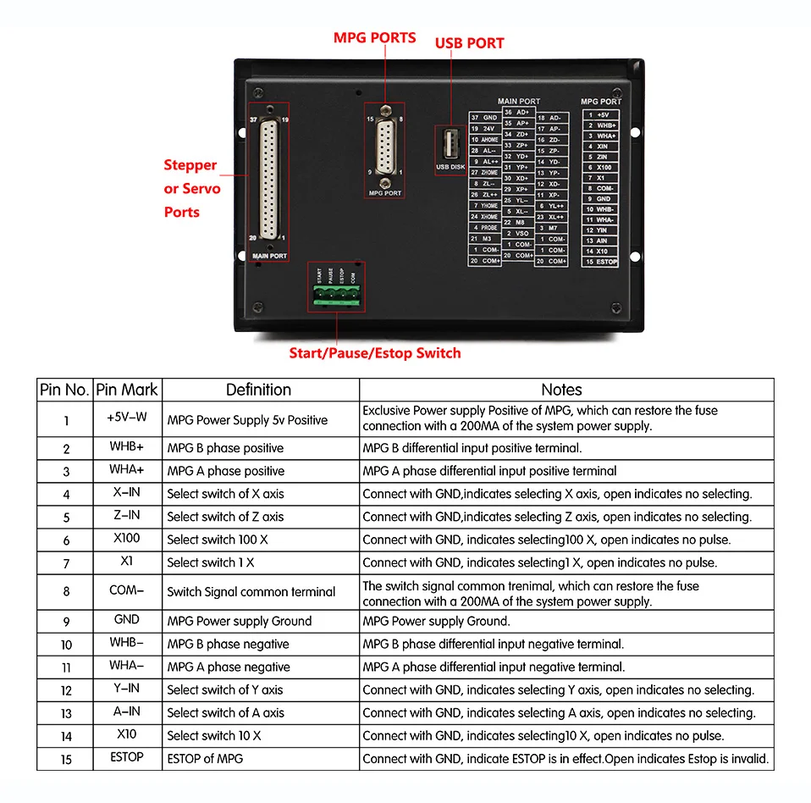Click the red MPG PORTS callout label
[x=374, y=38]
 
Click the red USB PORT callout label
[x=469, y=43]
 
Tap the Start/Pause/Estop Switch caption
[x=375, y=352]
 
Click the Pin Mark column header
[x=127, y=390]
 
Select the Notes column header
[x=561, y=390]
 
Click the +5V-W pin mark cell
[x=127, y=417]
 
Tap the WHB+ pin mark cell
[x=127, y=447]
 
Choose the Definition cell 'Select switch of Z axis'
[x=225, y=517]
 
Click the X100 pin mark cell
[x=127, y=539]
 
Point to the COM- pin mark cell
[x=127, y=590]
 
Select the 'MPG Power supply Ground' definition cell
[x=239, y=621]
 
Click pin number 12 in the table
[x=66, y=690]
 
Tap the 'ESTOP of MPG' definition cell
[x=205, y=758]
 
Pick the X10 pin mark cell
[x=127, y=734]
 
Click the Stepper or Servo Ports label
[x=191, y=188]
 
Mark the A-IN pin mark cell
[x=127, y=712]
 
